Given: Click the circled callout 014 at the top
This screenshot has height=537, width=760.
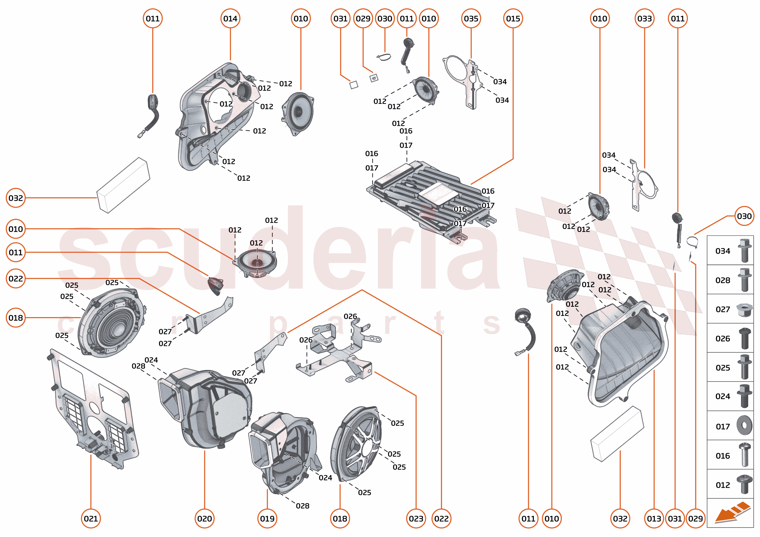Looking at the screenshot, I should tap(230, 19).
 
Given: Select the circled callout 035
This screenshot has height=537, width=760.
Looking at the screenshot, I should tap(471, 19).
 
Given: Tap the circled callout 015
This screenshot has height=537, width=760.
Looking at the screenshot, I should tap(513, 19).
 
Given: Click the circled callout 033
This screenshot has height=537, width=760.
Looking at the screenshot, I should tap(644, 19).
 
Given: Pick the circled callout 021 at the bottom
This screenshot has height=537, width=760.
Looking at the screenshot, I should tap(91, 518).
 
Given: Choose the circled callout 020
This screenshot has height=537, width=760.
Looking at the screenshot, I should tap(204, 518).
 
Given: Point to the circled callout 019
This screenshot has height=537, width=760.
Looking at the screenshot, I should tap(267, 518).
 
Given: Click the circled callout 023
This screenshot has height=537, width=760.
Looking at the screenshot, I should tap(416, 518).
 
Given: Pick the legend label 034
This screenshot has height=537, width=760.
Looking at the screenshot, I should tap(723, 251).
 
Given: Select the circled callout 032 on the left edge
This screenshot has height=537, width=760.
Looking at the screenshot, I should tap(16, 198).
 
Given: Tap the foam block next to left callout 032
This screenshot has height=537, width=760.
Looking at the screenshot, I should tap(123, 185).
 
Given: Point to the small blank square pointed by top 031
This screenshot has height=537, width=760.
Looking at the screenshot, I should tap(354, 85).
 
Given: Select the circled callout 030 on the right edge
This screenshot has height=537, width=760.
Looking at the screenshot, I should tap(744, 216).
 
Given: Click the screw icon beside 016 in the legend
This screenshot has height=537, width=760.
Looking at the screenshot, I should tap(745, 455).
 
